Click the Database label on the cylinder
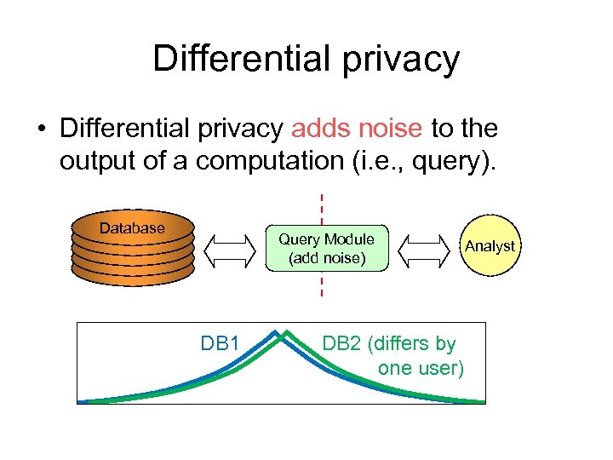pos(132,228)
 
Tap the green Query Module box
pos(326,248)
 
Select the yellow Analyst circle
pos(490,246)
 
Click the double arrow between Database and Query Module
pos(231,248)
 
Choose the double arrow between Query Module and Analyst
pos(426,248)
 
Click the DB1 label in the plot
pos(219,344)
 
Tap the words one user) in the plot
pos(421,369)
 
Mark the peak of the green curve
pos(287,331)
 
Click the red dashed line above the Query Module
pos(322,210)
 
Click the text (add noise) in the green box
pos(326,257)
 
